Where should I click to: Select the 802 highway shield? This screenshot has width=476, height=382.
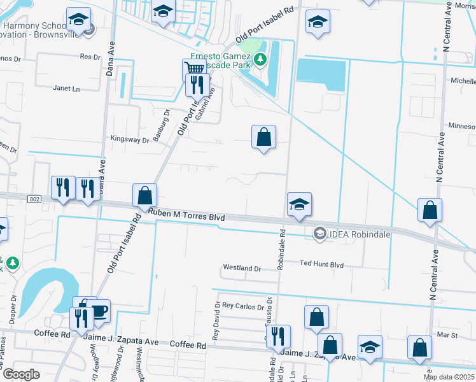[x=36, y=199]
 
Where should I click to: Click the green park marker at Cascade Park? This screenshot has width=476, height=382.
[x=260, y=60]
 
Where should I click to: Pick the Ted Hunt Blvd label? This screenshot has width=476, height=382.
[x=321, y=264]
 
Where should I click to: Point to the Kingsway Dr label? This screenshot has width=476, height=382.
[x=129, y=139]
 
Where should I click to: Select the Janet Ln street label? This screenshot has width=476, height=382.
[x=67, y=88]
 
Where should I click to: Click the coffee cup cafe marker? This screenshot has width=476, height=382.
[x=99, y=311]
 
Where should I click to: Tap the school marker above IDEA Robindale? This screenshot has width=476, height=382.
[x=299, y=204]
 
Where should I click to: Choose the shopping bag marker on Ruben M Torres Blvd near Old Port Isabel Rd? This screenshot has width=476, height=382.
[x=145, y=195]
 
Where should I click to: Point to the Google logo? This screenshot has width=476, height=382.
[x=20, y=374]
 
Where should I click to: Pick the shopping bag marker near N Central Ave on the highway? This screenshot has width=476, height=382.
[x=430, y=210]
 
